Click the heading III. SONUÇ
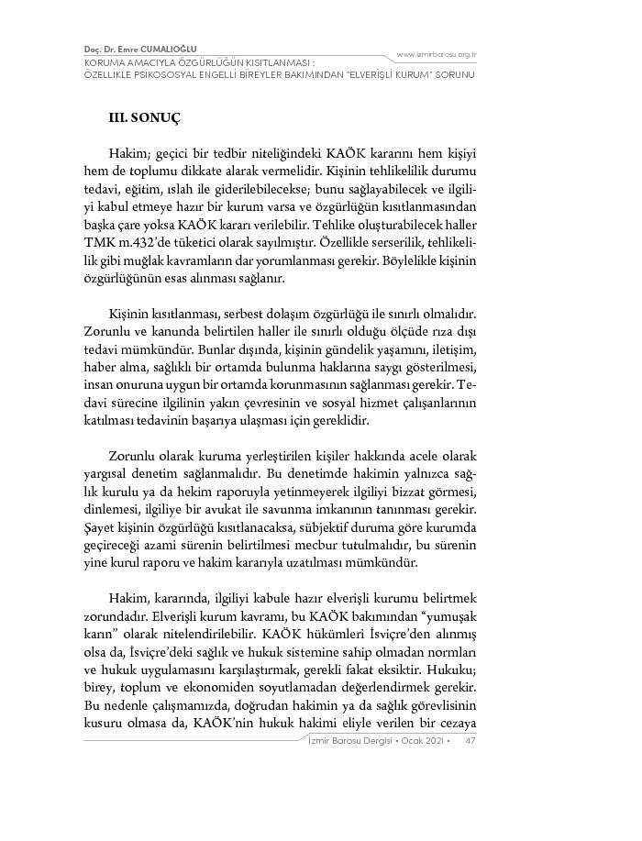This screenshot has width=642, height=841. tap(144, 118)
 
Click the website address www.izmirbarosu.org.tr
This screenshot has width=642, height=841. tap(436, 53)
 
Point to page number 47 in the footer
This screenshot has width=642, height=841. tap(470, 740)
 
